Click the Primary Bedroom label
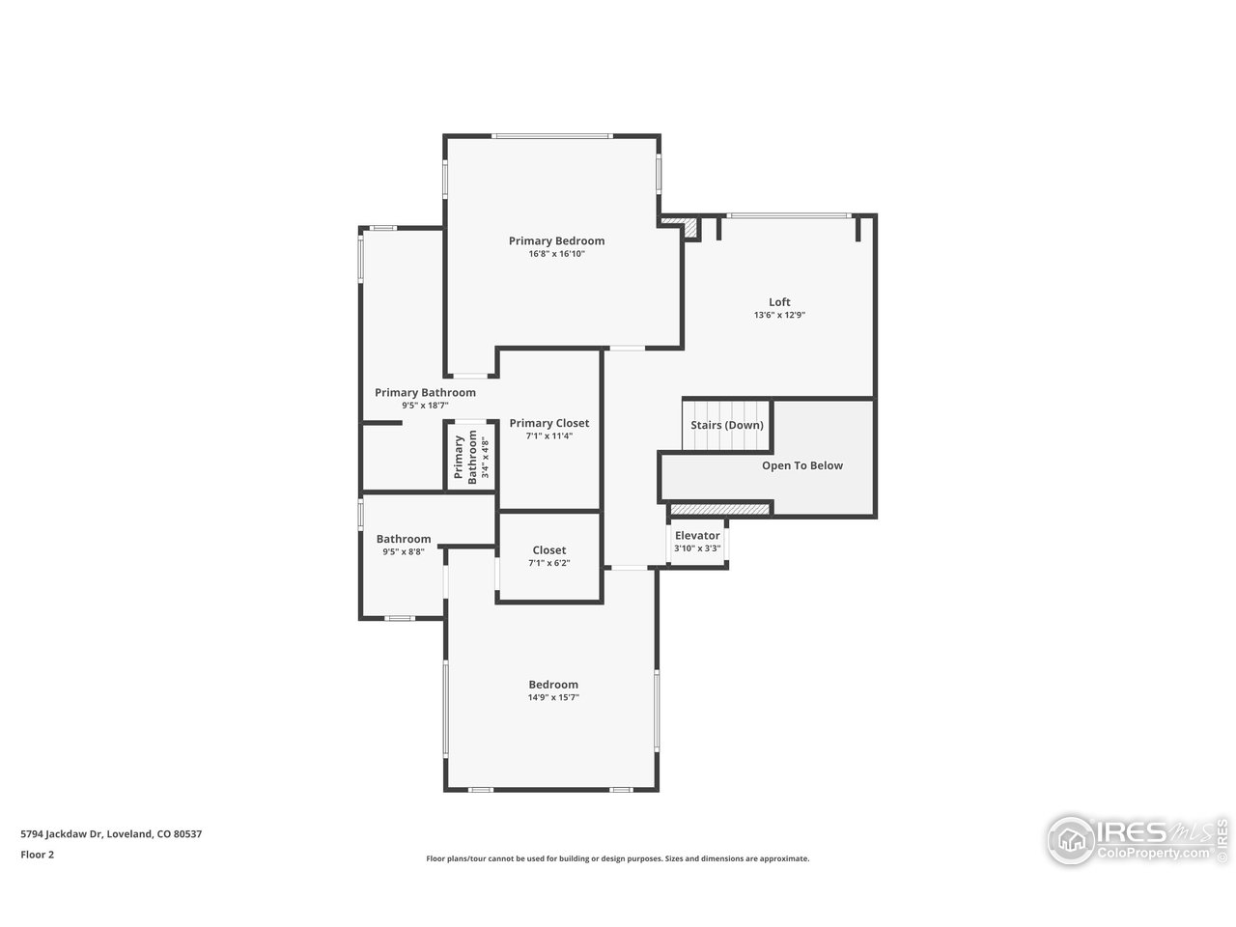[x=556, y=240]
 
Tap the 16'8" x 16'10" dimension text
[x=556, y=254]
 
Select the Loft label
[x=779, y=302]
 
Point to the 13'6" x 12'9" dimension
[x=779, y=316]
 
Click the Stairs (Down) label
[x=726, y=425]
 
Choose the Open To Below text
[x=801, y=465]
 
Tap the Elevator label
[x=697, y=536]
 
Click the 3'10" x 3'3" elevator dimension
[x=697, y=548]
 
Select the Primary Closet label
[x=548, y=423]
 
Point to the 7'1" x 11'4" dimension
[x=548, y=436]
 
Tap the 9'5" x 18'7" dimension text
[x=425, y=406]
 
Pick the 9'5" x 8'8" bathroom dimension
[x=403, y=552]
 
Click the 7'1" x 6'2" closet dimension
[x=548, y=563]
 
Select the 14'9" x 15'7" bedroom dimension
[x=552, y=697]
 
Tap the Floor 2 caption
[x=38, y=854]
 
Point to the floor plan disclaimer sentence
[x=618, y=858]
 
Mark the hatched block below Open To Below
[x=719, y=509]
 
